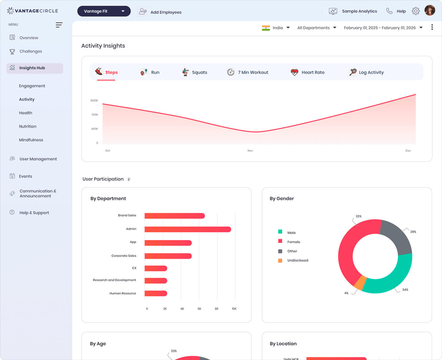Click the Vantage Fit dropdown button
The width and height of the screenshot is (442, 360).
pos(104,11)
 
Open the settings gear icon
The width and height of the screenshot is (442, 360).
pos(416,11)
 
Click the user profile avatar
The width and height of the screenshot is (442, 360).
pos(430,10)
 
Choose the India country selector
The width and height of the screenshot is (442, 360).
pos(276,28)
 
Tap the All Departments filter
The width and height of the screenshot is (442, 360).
pos(316,28)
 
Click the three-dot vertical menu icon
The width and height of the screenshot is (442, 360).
pos(432,27)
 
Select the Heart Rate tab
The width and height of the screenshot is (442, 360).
pos(308,72)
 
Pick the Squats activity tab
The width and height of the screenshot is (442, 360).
pos(195,72)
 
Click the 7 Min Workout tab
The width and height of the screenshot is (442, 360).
pos(248,72)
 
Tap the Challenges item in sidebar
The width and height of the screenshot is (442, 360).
pos(31,51)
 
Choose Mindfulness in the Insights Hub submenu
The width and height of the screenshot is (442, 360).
pos(31,140)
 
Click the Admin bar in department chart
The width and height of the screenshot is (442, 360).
pos(188,229)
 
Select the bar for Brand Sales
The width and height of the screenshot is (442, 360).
pos(174,216)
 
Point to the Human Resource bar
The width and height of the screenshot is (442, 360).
pos(156,293)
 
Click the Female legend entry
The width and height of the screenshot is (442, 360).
pos(293,242)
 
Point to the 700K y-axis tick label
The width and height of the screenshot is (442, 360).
pos(95,115)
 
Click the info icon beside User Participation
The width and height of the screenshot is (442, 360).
pos(129,179)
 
